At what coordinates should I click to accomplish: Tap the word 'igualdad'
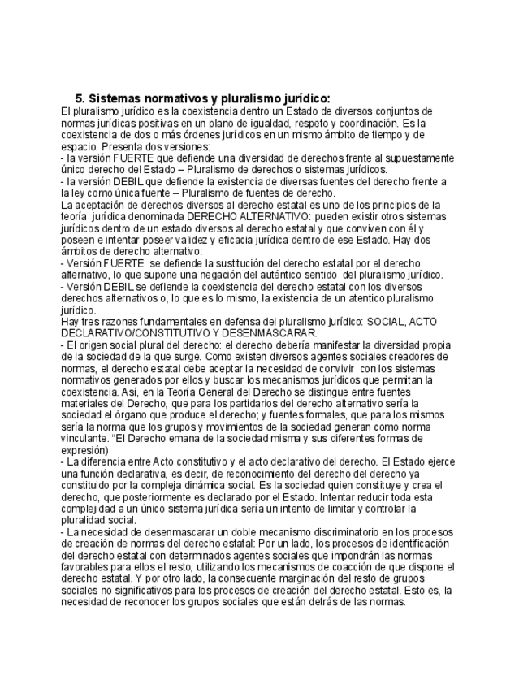click(x=262, y=122)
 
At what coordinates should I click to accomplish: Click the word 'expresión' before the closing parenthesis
click(x=84, y=449)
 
